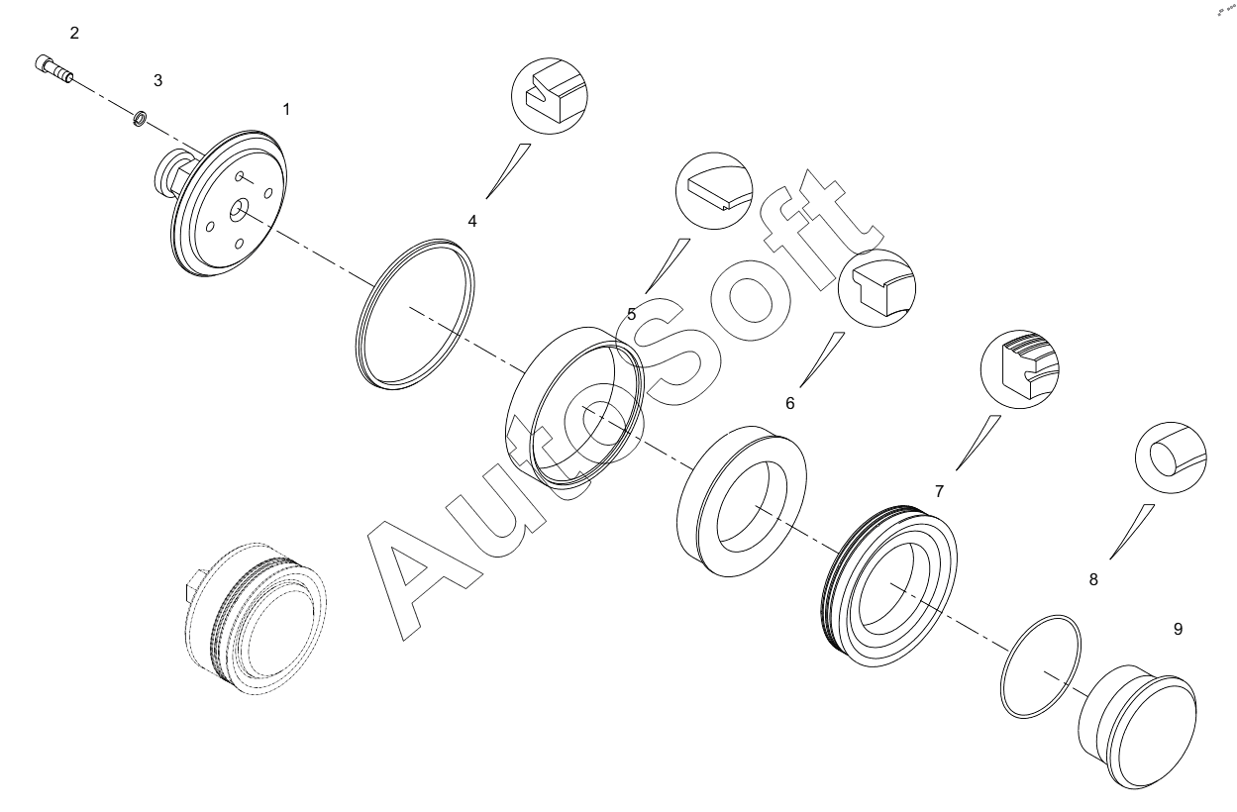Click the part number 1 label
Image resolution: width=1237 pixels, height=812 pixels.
[286, 109]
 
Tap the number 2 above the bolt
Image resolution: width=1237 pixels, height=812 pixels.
[74, 33]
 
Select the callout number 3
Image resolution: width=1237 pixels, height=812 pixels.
[157, 80]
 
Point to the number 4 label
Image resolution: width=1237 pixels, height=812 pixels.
[472, 221]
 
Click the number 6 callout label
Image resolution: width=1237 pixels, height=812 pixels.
[789, 403]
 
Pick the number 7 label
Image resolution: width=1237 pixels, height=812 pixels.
[939, 491]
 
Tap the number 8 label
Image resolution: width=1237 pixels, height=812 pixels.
[1093, 579]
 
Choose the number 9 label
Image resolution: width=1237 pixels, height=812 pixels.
[1178, 629]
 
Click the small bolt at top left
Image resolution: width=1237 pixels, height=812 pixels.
[53, 69]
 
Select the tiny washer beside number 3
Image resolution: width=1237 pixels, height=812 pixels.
[141, 119]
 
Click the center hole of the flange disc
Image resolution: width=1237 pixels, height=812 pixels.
[239, 210]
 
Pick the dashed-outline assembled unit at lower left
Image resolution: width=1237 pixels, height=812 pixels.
[256, 618]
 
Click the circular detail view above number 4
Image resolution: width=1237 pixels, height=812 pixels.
[550, 95]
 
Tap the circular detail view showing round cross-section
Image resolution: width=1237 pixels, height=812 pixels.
[1171, 457]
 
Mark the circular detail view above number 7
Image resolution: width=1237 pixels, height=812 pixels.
[1019, 369]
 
